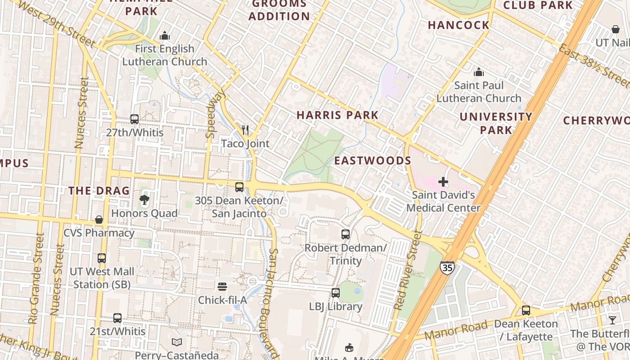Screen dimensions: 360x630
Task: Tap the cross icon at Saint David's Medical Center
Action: point(443,182)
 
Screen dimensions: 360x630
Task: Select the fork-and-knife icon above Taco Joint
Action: point(245,130)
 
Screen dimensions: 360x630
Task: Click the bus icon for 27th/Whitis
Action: point(135,119)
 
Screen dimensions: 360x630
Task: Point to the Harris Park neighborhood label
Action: point(337,115)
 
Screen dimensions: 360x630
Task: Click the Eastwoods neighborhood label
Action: point(373,161)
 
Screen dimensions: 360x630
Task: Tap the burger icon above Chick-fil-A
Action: point(222,287)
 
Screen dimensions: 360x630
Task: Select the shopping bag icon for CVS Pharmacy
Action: point(99,220)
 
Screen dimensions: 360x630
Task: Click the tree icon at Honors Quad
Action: point(144,199)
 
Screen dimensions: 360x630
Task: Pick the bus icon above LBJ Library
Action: point(336,293)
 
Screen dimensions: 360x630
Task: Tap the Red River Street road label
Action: point(407,271)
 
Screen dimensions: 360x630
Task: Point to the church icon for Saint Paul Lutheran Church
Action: point(479,72)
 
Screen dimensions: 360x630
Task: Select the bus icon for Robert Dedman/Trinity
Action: point(346,234)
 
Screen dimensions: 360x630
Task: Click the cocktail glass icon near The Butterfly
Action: point(612,320)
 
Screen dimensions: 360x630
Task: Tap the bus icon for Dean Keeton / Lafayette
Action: point(526,310)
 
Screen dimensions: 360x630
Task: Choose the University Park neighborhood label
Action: point(496,123)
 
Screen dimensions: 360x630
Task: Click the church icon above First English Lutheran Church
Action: point(165,35)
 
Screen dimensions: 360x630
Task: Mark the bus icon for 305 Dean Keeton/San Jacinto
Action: point(239,187)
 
